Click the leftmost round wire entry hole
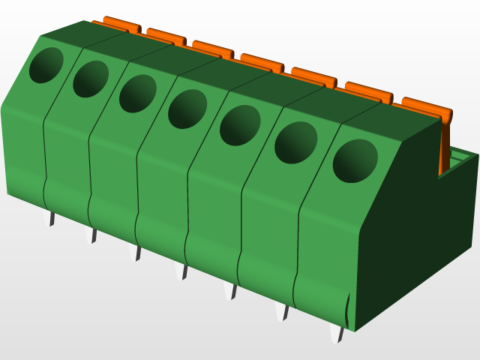pos(46,64)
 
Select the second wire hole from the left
pos(90,79)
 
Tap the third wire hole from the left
pos(137,94)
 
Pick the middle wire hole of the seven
pos(187,109)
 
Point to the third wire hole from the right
pos(240,125)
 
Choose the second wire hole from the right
pos(295,142)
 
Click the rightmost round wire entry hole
pos(355,160)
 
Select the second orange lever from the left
pos(166,35)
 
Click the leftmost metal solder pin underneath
pos(52,218)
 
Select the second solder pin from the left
pos(94,235)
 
